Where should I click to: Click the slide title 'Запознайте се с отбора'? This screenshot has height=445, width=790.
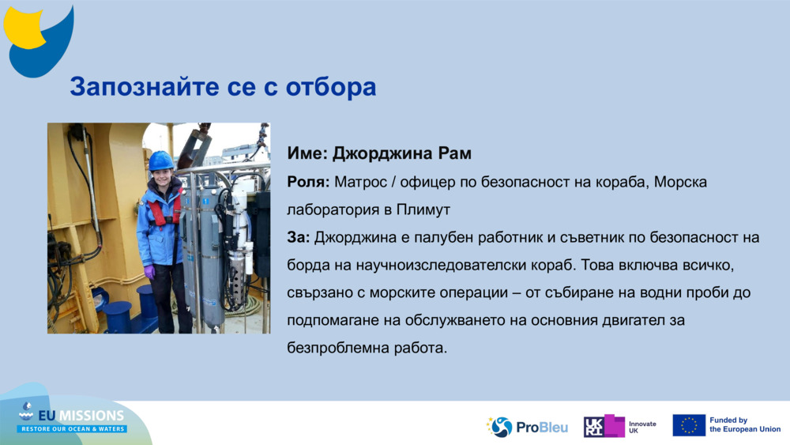pyautogui.click(x=223, y=87)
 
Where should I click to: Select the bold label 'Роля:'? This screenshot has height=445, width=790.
pyautogui.click(x=308, y=182)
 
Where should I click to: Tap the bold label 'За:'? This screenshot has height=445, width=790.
pyautogui.click(x=299, y=237)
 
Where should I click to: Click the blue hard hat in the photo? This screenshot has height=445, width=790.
pyautogui.click(x=161, y=161)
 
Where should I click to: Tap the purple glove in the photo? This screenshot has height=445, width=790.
pyautogui.click(x=149, y=272)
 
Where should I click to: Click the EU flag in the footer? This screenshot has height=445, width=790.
pyautogui.click(x=689, y=425)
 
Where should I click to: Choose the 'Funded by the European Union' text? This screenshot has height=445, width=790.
pyautogui.click(x=744, y=425)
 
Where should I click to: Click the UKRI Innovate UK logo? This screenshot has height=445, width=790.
pyautogui.click(x=619, y=427)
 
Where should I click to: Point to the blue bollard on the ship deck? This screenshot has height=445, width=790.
pyautogui.click(x=118, y=316)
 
